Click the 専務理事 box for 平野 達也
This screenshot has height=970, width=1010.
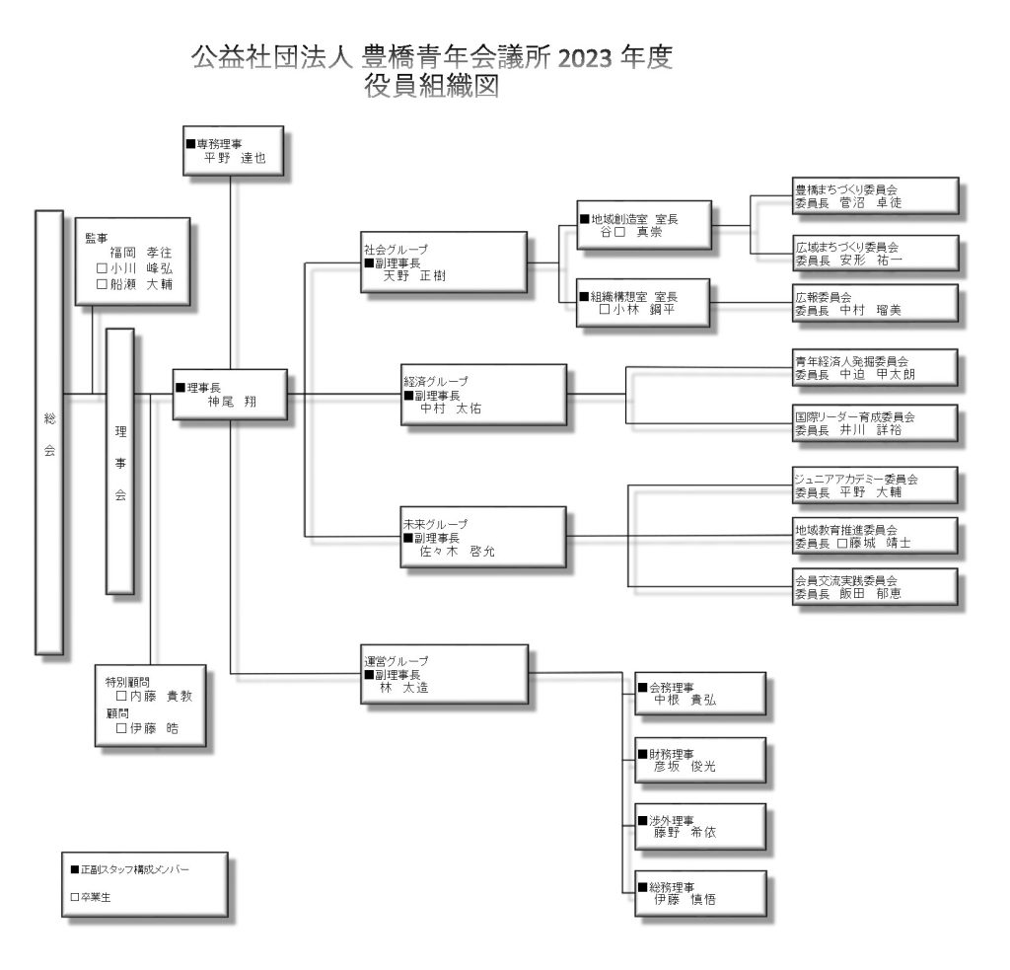[233, 149]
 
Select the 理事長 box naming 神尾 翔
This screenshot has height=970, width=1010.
[230, 394]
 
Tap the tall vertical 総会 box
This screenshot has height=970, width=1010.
[49, 431]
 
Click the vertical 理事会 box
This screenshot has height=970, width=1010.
[119, 461]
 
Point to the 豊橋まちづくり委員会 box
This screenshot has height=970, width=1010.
[875, 194]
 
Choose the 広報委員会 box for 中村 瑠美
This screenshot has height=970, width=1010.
[875, 302]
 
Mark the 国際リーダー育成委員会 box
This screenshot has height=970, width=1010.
[875, 422]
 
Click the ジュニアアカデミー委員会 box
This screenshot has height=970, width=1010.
[875, 485]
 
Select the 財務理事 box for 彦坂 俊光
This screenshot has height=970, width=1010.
[699, 758]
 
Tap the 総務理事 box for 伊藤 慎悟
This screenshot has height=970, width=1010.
[699, 892]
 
